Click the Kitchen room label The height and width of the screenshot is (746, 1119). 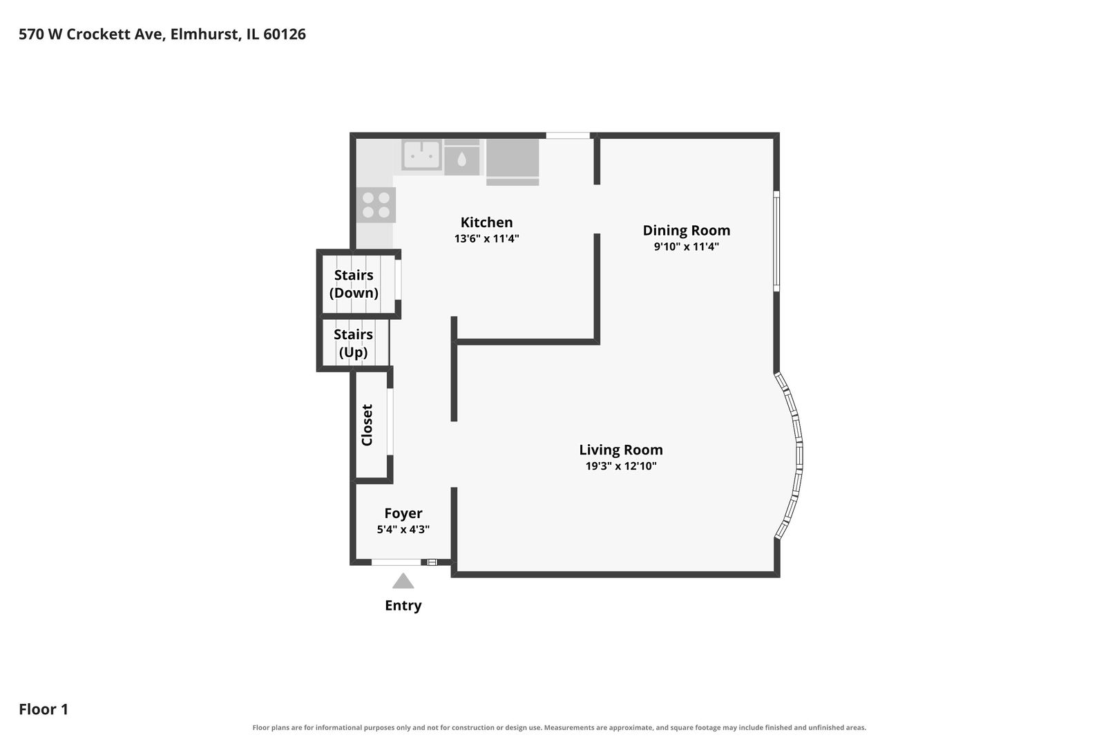pos(486,222)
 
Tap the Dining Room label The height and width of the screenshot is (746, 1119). pos(687,230)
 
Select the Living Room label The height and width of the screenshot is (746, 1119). pos(621,450)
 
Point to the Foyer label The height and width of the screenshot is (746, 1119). pos(403,513)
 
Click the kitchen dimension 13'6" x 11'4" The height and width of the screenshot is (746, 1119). pos(486,238)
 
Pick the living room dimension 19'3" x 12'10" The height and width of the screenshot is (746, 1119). pos(621,466)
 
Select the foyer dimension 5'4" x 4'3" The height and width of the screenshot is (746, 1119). pos(403,529)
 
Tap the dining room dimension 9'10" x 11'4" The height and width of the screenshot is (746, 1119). pos(687,247)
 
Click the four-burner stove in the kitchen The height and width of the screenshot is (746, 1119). pos(376,205)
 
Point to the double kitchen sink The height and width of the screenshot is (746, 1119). pos(421,155)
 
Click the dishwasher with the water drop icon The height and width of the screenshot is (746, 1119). pos(462,158)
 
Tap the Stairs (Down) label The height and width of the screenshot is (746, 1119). pos(354,284)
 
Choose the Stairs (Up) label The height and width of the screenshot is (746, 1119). pos(353,343)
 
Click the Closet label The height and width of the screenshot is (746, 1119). pos(367,425)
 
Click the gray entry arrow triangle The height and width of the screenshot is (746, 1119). pos(403,582)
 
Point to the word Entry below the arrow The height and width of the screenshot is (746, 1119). pos(403,606)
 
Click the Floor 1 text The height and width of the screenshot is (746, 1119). pos(44,709)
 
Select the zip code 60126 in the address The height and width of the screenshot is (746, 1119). pos(285,34)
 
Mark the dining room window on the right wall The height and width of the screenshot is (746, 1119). pos(776,241)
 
